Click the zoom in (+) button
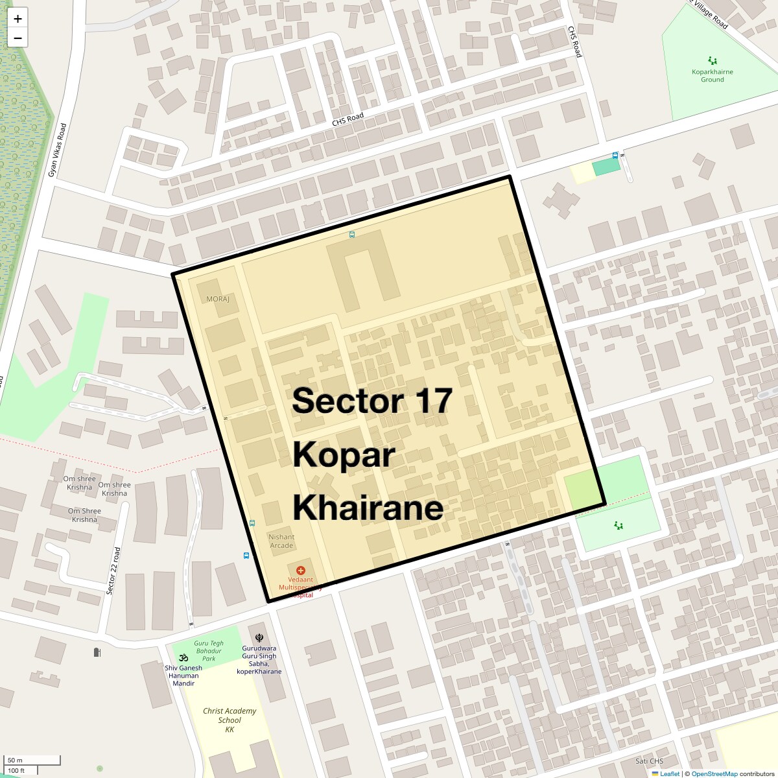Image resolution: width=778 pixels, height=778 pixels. click(18, 19)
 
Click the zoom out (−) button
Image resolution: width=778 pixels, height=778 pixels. click(18, 38)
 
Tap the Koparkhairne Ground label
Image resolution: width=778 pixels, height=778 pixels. click(712, 76)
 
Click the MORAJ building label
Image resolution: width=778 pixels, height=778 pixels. click(218, 300)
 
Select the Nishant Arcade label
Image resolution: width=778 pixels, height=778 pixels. click(281, 541)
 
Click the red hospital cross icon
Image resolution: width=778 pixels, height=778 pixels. click(301, 571)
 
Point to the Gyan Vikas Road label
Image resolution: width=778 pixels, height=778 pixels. click(58, 150)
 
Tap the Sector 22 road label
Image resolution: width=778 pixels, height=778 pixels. click(113, 571)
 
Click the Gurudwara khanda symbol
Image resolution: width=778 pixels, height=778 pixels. click(259, 638)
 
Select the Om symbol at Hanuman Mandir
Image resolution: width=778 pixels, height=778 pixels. click(183, 657)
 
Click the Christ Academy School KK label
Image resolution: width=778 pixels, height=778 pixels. click(230, 720)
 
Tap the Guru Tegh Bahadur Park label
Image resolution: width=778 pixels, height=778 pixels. click(209, 651)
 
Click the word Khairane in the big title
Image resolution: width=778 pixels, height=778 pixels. click(368, 508)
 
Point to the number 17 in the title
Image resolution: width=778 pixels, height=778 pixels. click(433, 401)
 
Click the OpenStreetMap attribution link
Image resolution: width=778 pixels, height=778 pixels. click(714, 773)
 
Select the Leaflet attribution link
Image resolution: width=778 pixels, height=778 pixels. click(670, 773)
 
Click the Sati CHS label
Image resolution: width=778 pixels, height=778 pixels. click(649, 761)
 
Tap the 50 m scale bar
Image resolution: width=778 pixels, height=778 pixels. click(32, 760)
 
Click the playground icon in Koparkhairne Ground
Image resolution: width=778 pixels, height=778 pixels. click(713, 61)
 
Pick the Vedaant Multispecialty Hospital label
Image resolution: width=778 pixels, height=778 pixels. click(300, 587)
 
